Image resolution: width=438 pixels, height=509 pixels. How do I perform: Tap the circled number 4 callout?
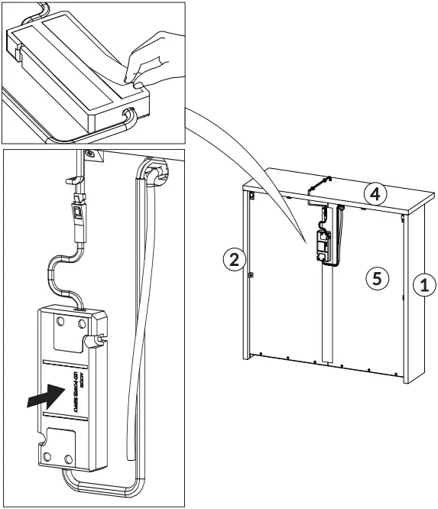coord(374,193)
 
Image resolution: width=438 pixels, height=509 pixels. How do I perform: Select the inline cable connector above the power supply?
coord(77,219)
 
